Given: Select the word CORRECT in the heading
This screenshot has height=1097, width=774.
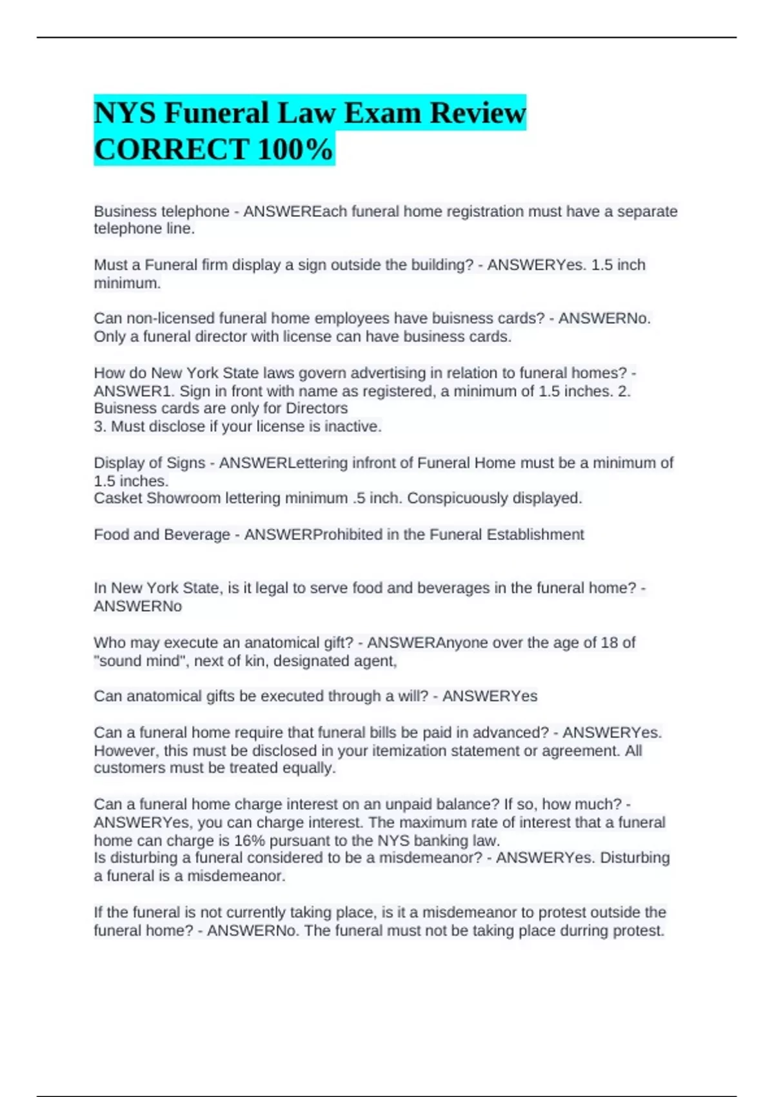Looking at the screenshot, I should (x=172, y=149).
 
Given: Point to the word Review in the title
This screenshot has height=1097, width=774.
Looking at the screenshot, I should (x=477, y=113).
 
